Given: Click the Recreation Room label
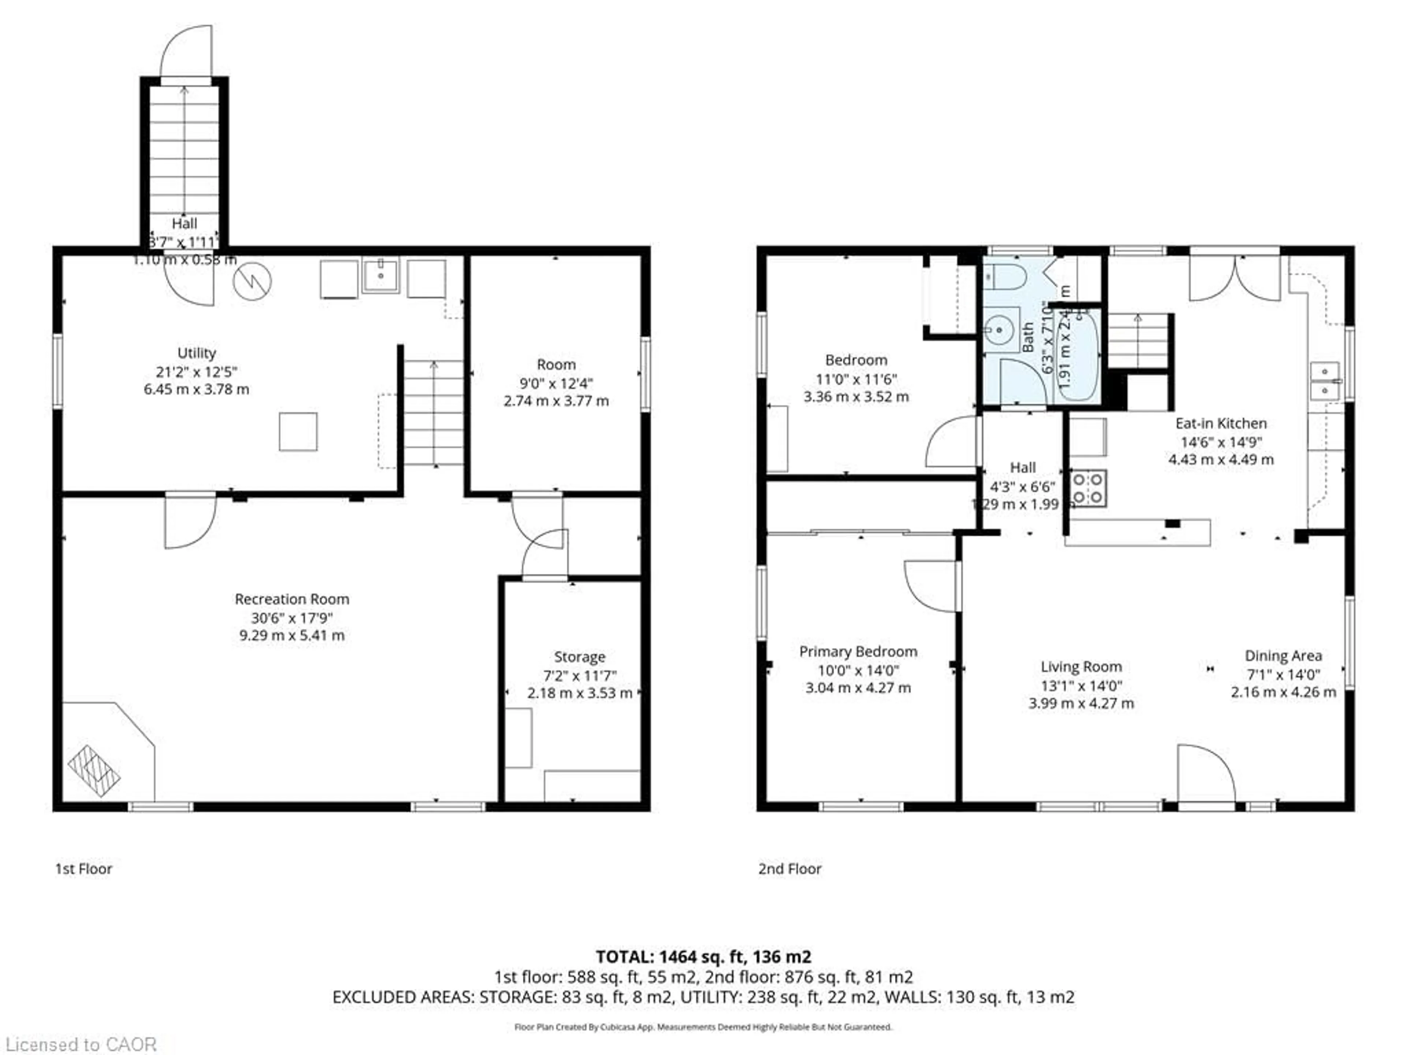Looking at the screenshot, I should [x=292, y=599].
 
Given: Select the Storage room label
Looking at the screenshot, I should [x=579, y=657].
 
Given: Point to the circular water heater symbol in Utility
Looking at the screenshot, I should [x=252, y=281].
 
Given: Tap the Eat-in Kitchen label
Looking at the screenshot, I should [x=1220, y=423].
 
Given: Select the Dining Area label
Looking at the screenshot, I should [x=1283, y=656].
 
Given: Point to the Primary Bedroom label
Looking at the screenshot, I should [x=858, y=652].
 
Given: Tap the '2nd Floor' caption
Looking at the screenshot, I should [x=789, y=869].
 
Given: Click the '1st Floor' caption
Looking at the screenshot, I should [x=83, y=869].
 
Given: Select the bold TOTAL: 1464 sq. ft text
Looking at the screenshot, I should [x=703, y=956].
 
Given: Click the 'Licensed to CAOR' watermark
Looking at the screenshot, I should [x=81, y=1044].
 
